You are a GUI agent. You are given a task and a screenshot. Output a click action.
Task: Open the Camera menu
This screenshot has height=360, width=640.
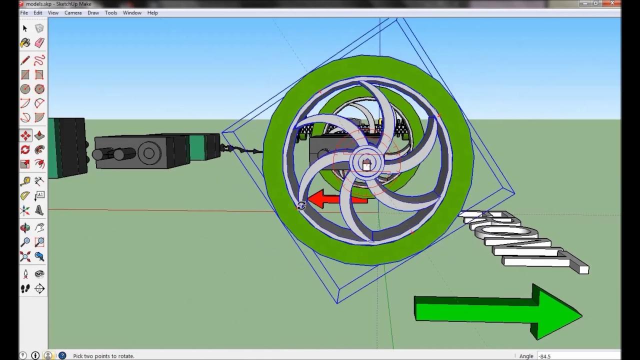[72, 12]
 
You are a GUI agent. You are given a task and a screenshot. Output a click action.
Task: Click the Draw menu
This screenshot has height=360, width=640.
[93, 12]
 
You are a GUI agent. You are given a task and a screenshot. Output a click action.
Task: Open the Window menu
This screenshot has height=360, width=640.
[132, 12]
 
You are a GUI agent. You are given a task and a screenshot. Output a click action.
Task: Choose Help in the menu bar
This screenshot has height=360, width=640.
[152, 12]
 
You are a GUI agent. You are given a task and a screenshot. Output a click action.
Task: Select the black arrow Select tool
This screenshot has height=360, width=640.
[25, 28]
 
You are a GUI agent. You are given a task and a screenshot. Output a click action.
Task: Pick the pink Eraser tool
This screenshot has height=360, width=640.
[39, 43]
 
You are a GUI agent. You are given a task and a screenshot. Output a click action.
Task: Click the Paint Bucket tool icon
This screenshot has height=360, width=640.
[25, 43]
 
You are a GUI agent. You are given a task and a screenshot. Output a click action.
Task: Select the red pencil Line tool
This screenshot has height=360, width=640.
[25, 60]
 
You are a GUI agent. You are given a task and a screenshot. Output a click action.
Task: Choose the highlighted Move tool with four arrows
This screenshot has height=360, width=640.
[25, 135]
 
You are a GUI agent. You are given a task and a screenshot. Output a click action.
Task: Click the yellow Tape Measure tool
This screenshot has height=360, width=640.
[25, 181]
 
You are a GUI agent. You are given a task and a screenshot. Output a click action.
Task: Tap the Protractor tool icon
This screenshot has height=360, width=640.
[25, 195]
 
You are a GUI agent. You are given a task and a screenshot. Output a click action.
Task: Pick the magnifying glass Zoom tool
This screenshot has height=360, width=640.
[25, 242]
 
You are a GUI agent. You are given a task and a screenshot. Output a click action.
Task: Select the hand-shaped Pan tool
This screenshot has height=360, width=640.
[39, 228]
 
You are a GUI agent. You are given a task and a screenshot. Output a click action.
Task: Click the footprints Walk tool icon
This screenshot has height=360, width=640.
[25, 288]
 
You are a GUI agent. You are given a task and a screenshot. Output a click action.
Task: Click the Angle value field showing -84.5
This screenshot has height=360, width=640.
[575, 356]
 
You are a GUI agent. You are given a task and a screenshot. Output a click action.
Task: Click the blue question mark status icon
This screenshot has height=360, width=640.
[62, 355]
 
